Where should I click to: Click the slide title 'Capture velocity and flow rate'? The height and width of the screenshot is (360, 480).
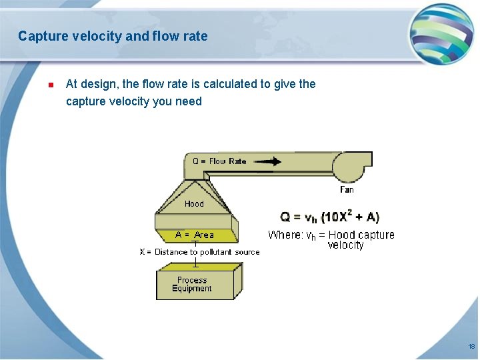click(113, 36)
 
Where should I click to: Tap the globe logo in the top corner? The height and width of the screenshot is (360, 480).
click(441, 34)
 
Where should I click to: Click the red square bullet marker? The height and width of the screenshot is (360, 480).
click(50, 85)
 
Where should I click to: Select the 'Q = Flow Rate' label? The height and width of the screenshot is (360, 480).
click(219, 161)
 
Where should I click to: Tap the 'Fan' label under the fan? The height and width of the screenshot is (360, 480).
click(347, 190)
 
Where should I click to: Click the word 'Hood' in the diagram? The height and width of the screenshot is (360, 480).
click(194, 203)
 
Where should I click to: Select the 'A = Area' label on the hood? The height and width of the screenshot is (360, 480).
click(195, 235)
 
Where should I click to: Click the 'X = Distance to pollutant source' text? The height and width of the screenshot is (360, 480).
click(199, 252)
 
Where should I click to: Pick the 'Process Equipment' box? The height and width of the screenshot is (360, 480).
click(195, 285)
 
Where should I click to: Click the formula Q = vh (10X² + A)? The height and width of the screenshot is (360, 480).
click(329, 217)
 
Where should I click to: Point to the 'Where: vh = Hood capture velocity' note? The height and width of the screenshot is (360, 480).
click(331, 239)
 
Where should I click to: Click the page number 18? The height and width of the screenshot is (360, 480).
click(471, 347)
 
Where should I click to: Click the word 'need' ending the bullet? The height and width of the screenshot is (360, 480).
click(188, 101)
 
